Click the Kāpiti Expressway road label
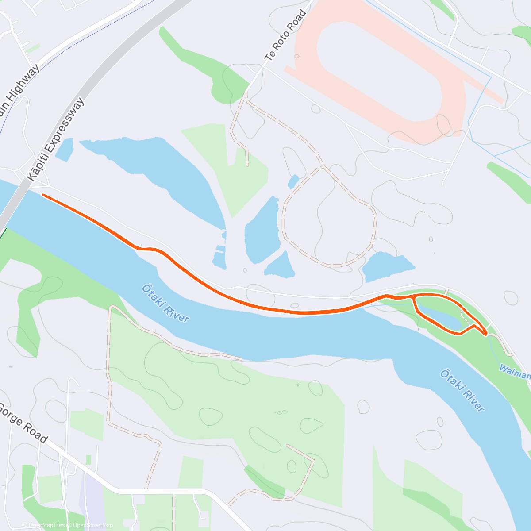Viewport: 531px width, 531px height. pyautogui.click(x=56, y=139)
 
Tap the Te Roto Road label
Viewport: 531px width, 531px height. pyautogui.click(x=285, y=35)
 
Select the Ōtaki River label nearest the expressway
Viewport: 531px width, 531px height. pyautogui.click(x=165, y=304)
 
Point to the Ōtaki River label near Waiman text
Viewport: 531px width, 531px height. pyautogui.click(x=462, y=391)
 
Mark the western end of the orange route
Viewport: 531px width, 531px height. pyautogui.click(x=43, y=195)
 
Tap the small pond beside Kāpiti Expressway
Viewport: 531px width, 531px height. pyautogui.click(x=65, y=150)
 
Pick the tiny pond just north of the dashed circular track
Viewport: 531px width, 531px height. pyautogui.click(x=293, y=181)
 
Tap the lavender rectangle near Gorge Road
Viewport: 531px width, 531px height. pyautogui.click(x=92, y=496)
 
